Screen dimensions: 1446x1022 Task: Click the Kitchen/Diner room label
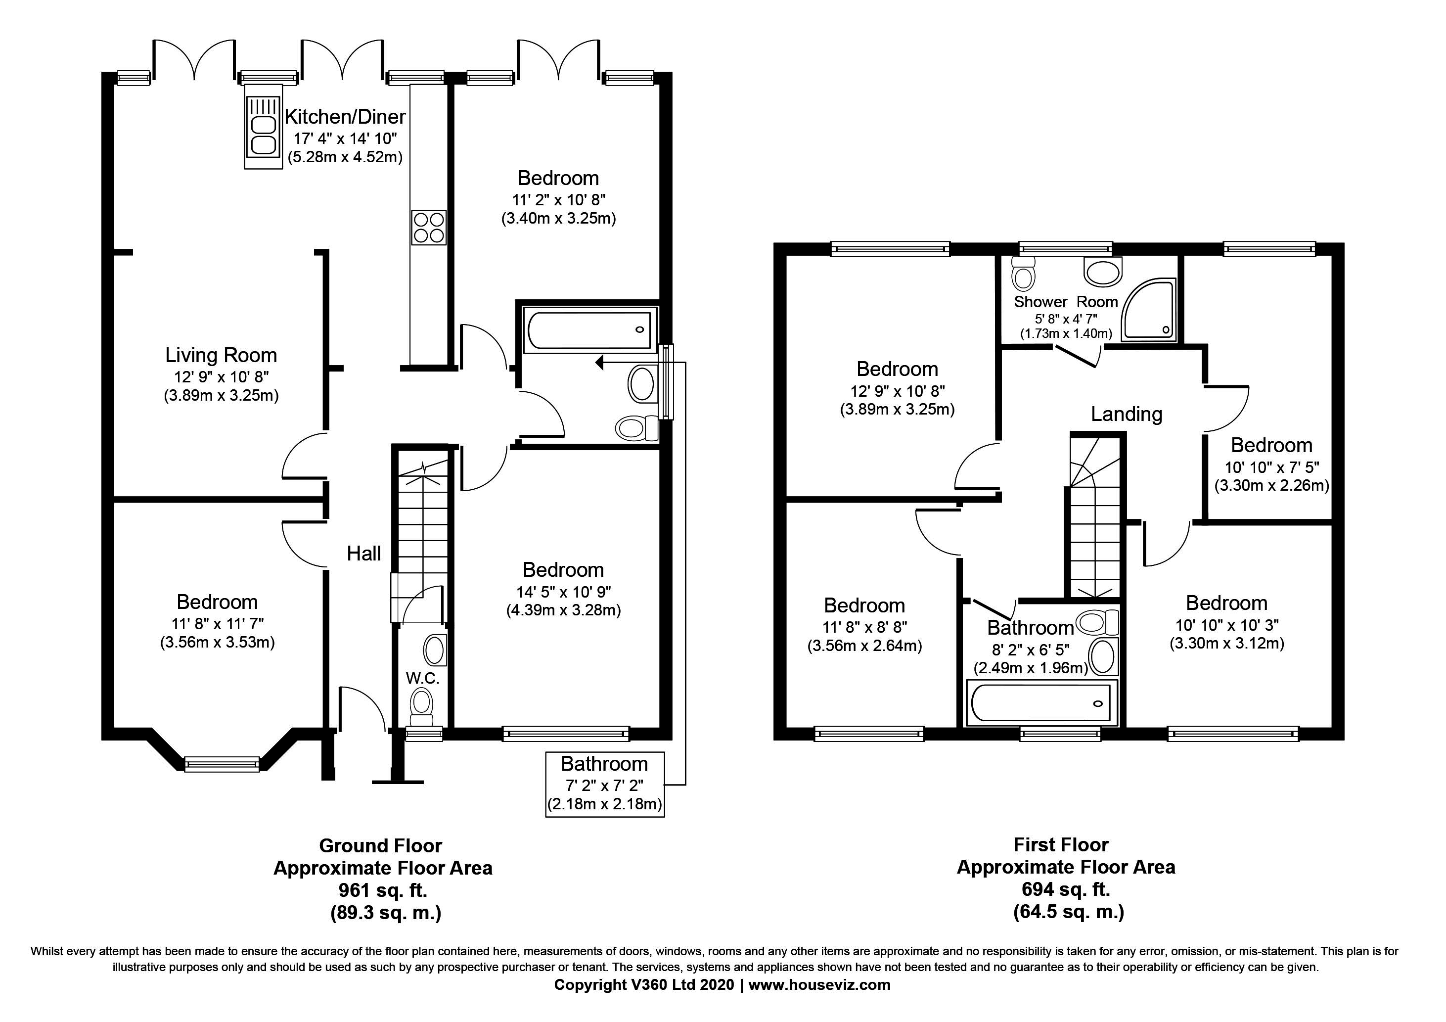[x=345, y=117]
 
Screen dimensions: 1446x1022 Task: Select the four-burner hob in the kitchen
[x=428, y=228]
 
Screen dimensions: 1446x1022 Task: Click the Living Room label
[x=221, y=355]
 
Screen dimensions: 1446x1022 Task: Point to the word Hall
[x=364, y=554]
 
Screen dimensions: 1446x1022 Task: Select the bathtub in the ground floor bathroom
[x=589, y=329]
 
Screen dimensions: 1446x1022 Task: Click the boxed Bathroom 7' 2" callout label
[x=605, y=785]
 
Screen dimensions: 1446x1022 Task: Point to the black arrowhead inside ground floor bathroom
[x=599, y=362]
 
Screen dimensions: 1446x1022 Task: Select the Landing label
[x=1127, y=415]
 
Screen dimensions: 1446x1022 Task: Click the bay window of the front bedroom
[x=222, y=764]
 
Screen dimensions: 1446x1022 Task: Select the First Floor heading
[x=1061, y=844]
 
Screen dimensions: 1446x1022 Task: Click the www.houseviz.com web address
[x=819, y=985]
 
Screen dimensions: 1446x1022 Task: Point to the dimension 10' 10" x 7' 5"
[x=1271, y=467]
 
